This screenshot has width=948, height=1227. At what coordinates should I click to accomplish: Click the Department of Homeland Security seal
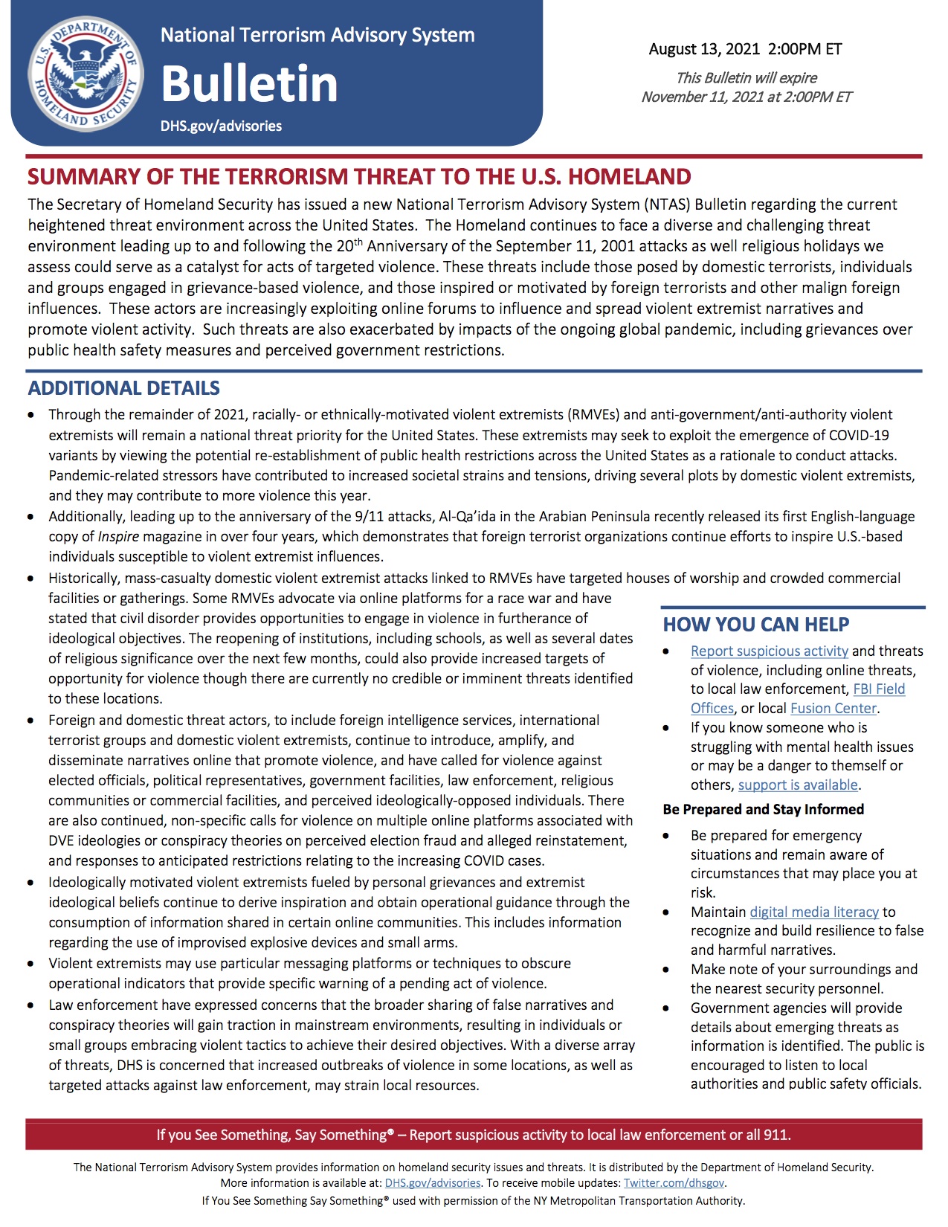86,74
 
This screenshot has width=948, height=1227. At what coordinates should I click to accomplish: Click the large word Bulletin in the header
249,83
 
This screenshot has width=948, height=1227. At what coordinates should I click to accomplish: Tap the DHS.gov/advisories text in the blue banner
221,126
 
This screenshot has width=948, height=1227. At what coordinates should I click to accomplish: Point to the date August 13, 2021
704,49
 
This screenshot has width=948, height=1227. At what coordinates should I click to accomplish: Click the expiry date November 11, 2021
707,97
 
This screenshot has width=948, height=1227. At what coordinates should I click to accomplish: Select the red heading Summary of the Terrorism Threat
359,177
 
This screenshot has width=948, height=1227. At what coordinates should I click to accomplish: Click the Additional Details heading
124,388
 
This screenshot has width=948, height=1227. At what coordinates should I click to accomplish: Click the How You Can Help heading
755,625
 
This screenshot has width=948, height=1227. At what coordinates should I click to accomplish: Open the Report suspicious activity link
769,651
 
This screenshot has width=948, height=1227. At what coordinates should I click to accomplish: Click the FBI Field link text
879,689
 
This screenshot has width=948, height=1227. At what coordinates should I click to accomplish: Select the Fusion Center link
833,708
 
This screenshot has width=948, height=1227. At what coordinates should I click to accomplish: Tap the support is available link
798,785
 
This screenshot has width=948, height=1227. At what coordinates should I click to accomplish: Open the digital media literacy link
814,912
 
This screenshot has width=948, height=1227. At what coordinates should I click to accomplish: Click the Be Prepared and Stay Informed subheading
763,809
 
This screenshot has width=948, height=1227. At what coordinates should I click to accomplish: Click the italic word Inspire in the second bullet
118,536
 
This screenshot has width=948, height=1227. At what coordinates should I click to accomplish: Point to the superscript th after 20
358,241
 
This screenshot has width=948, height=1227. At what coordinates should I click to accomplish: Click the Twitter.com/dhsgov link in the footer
674,1182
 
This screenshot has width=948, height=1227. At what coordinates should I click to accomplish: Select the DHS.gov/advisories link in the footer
433,1182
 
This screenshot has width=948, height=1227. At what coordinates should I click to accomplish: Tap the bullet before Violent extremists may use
30,964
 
